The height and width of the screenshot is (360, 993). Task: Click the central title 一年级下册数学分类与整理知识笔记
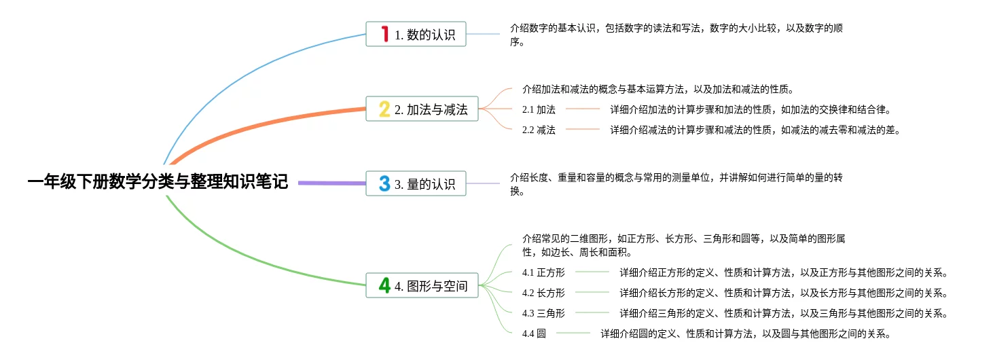(x=158, y=182)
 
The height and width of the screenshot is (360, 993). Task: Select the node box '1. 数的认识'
(x=416, y=34)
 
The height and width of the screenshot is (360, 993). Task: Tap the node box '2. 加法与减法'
(x=422, y=109)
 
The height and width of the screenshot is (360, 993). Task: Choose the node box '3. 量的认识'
(x=416, y=183)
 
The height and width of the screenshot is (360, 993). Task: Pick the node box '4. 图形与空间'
(x=422, y=285)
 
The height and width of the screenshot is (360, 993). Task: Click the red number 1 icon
(x=384, y=34)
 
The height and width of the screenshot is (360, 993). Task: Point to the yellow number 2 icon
(x=384, y=109)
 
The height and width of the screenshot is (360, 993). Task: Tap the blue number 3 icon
(x=384, y=183)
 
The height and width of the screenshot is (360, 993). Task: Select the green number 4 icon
(x=384, y=285)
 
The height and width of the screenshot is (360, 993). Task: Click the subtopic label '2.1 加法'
(x=539, y=109)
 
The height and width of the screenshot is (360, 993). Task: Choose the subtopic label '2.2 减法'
(x=539, y=130)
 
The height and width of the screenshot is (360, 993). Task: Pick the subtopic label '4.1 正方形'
(x=543, y=273)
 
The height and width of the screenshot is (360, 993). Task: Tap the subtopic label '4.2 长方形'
(x=543, y=293)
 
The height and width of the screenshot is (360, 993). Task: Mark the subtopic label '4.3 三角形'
(x=543, y=314)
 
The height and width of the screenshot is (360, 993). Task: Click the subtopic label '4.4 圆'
(x=534, y=334)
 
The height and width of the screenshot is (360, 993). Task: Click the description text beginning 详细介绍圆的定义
(x=745, y=334)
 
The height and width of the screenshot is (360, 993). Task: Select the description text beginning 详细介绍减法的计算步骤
(x=755, y=130)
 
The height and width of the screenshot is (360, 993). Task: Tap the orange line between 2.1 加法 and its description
(x=583, y=109)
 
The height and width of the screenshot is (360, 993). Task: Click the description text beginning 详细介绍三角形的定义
(x=783, y=314)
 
